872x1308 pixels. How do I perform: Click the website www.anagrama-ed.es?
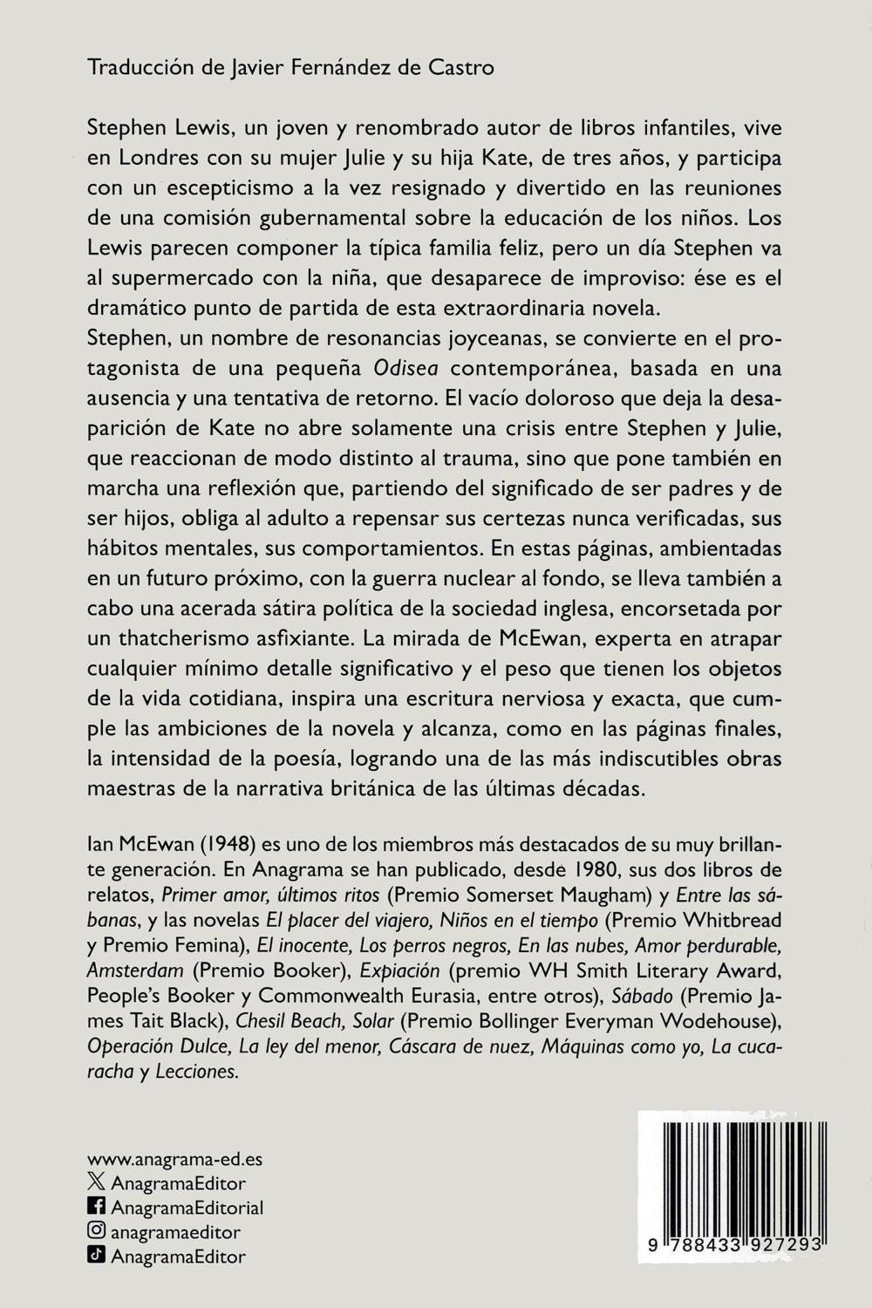175,1160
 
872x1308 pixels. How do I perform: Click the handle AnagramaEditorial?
187,1208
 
